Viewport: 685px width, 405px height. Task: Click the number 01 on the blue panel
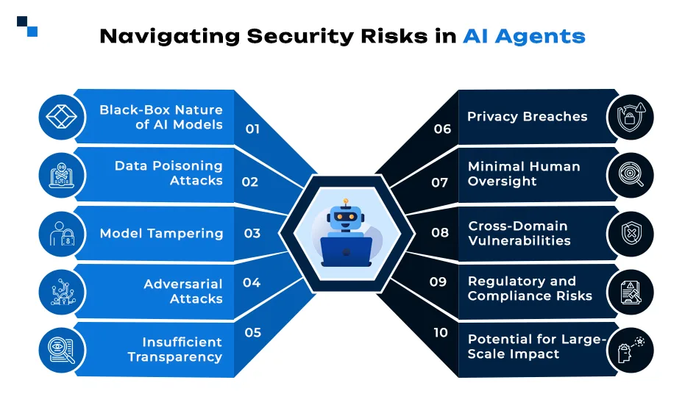coord(252,129)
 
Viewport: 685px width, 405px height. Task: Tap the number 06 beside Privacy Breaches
coord(442,129)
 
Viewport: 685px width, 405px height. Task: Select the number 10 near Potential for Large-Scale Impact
coord(440,332)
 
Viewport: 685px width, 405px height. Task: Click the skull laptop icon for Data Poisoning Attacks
coord(62,176)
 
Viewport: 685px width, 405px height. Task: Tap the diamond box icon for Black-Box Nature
coord(62,117)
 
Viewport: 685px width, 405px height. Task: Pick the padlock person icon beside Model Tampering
coord(62,234)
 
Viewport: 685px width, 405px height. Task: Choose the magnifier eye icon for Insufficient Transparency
coord(62,351)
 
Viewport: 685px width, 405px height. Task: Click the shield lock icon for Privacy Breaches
coord(631,117)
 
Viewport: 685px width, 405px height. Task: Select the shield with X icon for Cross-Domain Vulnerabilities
coord(631,234)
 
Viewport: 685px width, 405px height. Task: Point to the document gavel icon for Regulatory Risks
coord(631,292)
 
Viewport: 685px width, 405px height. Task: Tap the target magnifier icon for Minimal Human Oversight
coord(631,175)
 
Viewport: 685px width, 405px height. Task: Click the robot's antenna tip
coord(346,201)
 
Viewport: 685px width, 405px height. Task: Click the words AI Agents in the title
coord(524,36)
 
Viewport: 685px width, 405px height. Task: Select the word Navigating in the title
coord(169,37)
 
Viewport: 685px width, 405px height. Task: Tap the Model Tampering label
coord(161,234)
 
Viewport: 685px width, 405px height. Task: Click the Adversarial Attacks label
coord(183,291)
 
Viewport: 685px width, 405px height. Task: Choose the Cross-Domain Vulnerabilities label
coord(519,233)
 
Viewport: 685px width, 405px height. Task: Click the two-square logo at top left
coord(27,26)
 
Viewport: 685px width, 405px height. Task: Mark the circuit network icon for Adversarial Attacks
coord(63,292)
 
